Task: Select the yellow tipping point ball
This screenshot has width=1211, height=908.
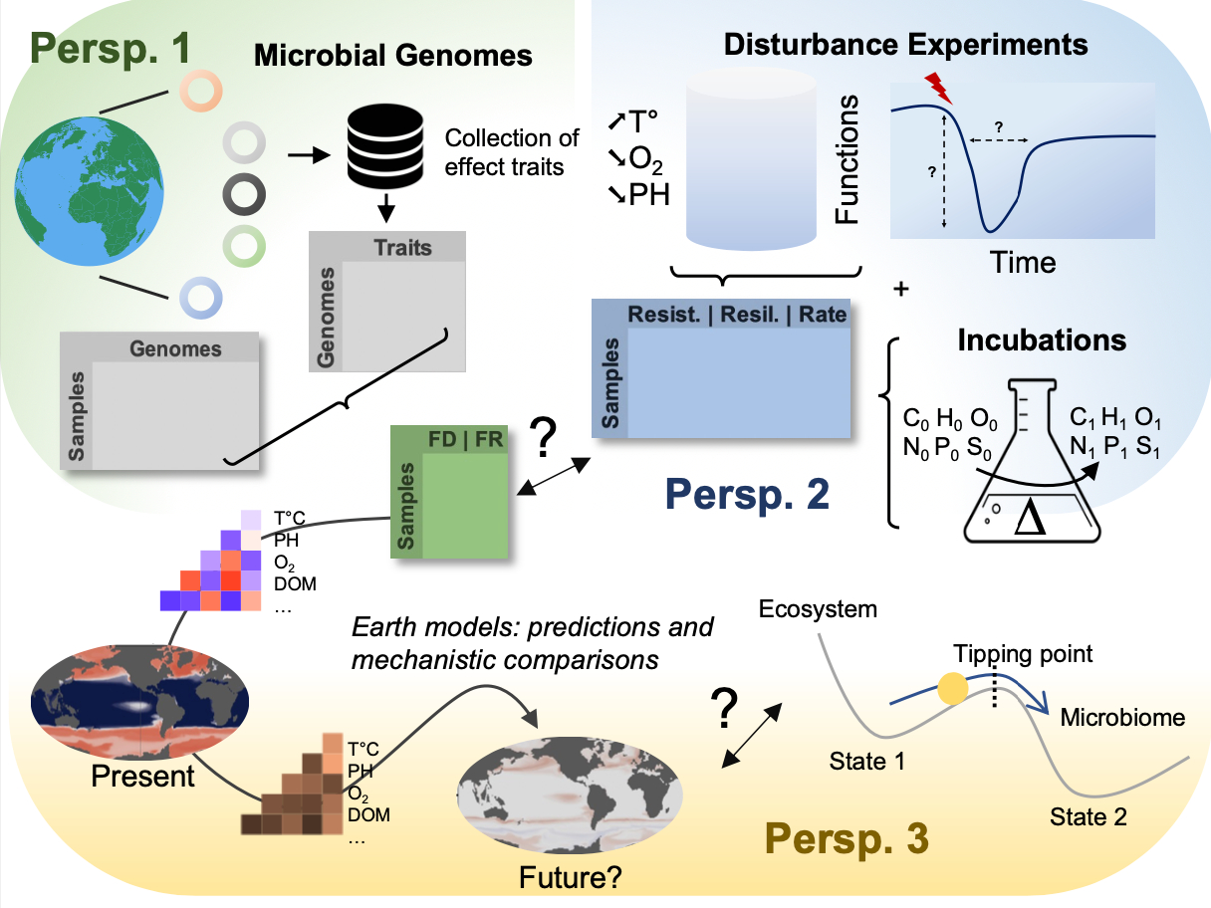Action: click(x=952, y=689)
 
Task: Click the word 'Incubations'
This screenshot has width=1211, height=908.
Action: click(x=1042, y=340)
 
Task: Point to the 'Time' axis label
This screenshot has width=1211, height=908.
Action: click(x=1023, y=263)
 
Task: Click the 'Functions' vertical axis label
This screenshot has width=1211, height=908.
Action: click(x=848, y=160)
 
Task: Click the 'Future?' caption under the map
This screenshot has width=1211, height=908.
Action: click(x=570, y=877)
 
